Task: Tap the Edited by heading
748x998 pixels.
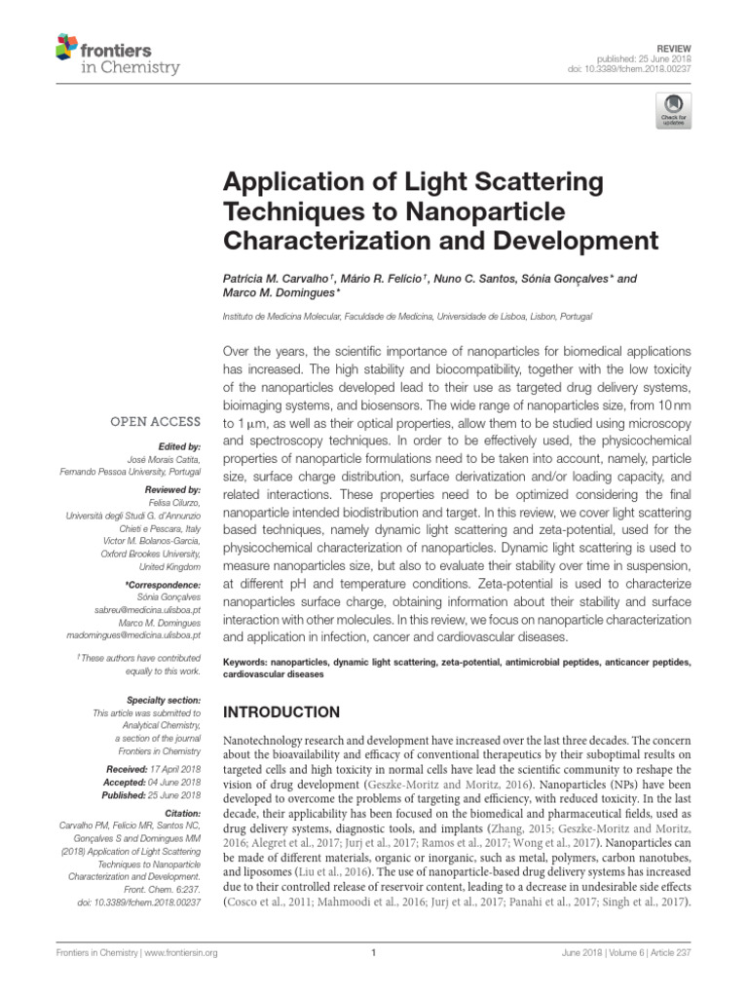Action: tap(177, 445)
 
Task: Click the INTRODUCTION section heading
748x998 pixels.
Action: tap(283, 712)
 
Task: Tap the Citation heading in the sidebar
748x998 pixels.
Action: tap(181, 812)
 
